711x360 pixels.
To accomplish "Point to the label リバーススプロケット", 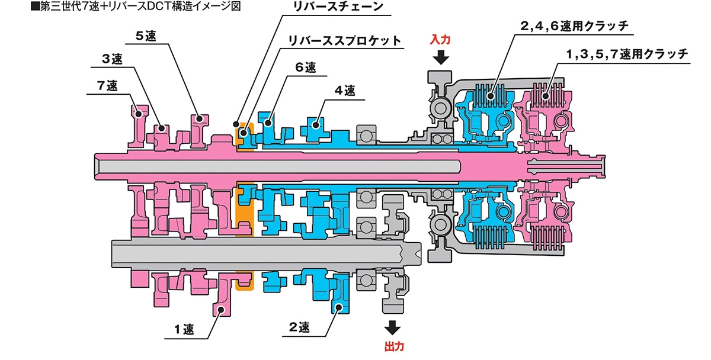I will [344, 40].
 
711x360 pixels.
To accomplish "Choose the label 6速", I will [306, 67].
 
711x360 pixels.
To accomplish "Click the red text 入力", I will [441, 40].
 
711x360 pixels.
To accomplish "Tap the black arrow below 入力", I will [441, 57].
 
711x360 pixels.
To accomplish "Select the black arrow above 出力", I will [392, 327].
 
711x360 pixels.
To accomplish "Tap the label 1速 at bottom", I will [185, 327].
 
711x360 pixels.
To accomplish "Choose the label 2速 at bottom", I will [300, 327].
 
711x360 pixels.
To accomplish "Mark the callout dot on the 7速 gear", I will [138, 112].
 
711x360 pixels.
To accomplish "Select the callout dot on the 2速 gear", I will [338, 307].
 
